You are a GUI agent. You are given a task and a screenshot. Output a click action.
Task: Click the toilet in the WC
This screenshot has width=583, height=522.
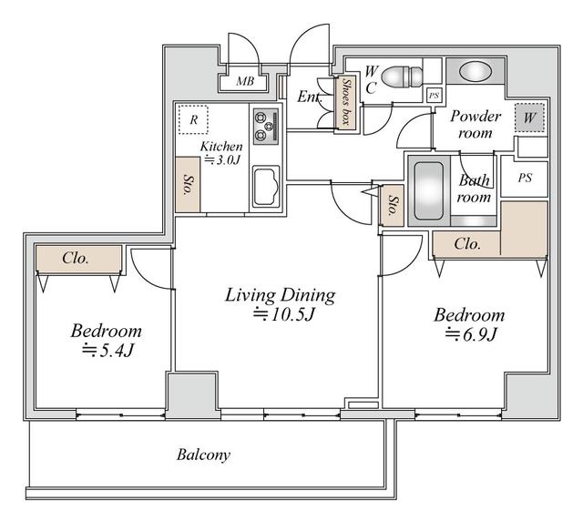402,77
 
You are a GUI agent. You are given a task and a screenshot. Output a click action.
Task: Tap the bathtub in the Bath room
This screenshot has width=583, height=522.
429,190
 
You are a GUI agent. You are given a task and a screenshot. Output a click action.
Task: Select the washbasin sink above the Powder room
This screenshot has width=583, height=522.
476,71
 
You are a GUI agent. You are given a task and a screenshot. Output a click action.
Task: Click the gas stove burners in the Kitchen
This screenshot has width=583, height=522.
266,127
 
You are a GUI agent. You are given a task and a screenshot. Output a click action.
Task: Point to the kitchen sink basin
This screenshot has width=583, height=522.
266,186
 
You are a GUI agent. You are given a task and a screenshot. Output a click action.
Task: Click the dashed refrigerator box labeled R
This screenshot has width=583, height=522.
193,119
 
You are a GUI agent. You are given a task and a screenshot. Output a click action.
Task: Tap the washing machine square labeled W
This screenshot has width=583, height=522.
529,118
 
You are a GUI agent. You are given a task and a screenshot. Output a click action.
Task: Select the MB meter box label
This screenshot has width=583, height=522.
245,81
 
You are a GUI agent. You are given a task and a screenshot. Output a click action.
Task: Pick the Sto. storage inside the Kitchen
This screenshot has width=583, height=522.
188,184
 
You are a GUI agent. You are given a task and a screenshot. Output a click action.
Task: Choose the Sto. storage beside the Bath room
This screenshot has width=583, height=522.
392,205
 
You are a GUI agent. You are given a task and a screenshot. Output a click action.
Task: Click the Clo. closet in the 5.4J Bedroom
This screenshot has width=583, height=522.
79,259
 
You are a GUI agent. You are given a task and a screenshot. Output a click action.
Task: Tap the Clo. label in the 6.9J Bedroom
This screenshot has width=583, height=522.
467,244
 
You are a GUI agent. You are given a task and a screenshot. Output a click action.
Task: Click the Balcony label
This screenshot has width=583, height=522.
203,455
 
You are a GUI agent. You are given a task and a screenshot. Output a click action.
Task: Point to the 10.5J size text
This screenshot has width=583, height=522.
284,315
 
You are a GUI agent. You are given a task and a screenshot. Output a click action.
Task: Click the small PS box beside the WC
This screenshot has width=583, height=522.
434,96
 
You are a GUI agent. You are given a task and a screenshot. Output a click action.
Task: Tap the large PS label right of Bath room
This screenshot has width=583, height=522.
525,178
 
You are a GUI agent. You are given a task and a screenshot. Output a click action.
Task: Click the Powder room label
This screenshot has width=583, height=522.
476,125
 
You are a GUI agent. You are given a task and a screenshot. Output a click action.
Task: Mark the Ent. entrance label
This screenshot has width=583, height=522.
310,97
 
